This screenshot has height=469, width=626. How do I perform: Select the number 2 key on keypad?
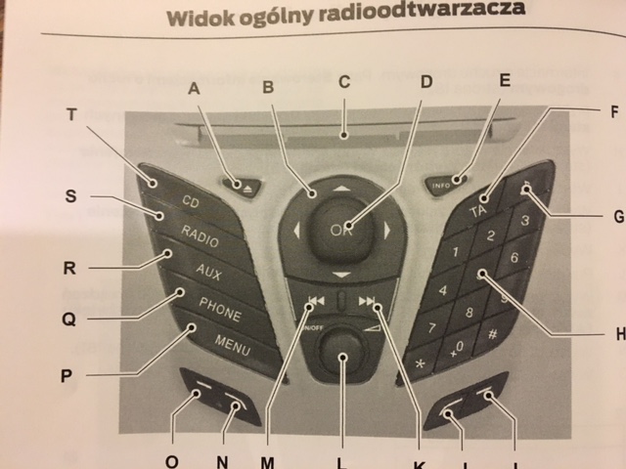pos(491,235)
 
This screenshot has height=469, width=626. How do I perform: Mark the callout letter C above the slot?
pos(343,82)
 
